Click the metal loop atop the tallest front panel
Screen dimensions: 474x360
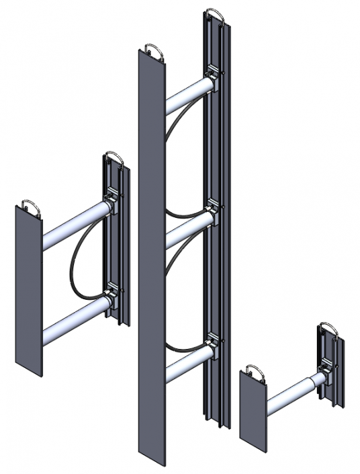tap(151, 50)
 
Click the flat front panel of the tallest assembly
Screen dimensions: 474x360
tap(150, 269)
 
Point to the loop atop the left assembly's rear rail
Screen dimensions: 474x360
tap(114, 159)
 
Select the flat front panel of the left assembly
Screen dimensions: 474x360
tap(28, 289)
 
